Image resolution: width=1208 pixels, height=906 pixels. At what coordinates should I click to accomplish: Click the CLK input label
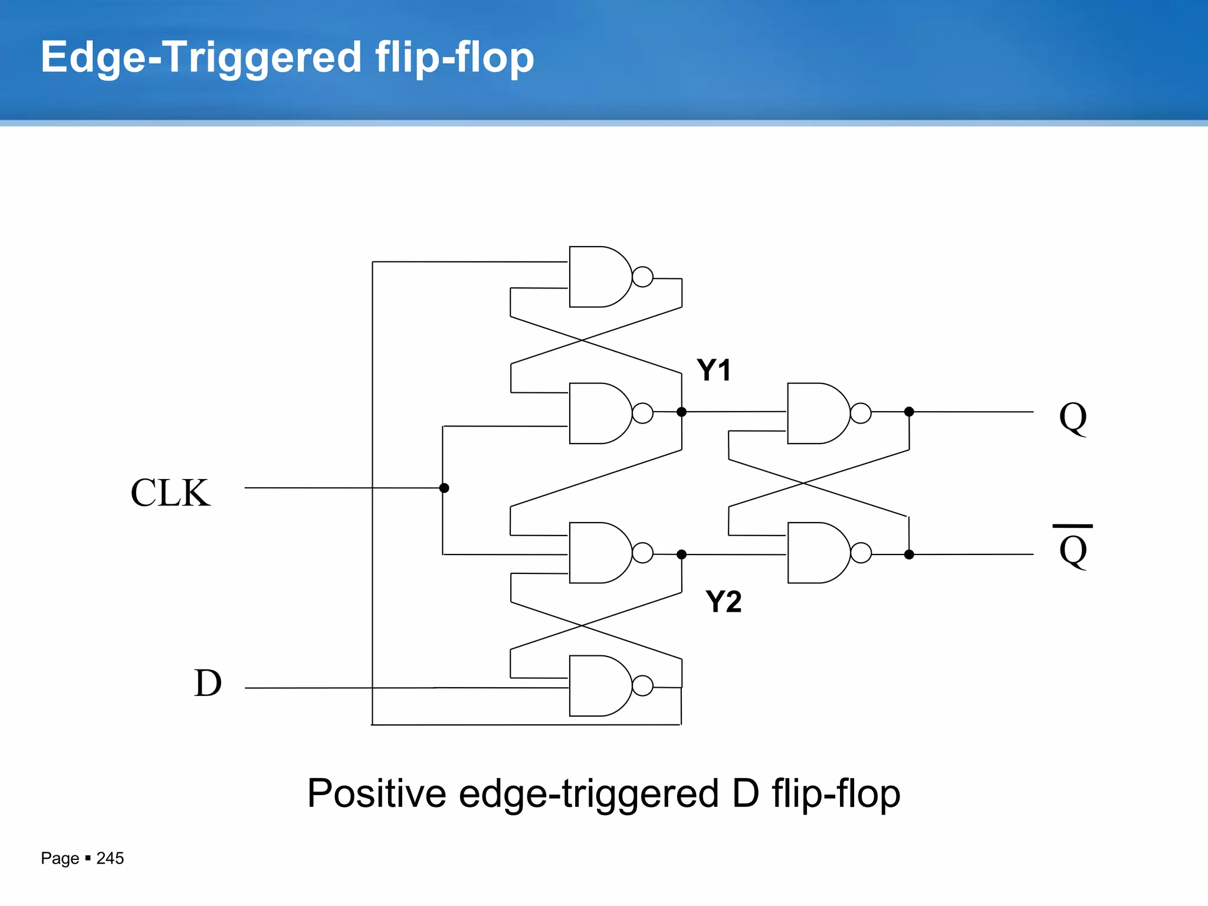[x=170, y=493]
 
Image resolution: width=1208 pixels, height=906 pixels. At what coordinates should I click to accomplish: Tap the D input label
[x=208, y=684]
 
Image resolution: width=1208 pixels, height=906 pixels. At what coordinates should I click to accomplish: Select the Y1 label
[x=714, y=370]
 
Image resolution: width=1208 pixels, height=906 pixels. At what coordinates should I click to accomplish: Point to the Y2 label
[x=723, y=602]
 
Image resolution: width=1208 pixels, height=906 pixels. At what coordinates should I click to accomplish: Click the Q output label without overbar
[x=1072, y=418]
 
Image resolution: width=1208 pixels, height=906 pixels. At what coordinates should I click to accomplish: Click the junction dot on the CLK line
[x=444, y=488]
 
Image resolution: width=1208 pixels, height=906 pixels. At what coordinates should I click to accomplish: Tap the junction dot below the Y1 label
[x=681, y=412]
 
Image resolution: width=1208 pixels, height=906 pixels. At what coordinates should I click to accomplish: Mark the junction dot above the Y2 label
[x=681, y=554]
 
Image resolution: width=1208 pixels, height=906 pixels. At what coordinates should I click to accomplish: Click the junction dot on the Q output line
[x=909, y=412]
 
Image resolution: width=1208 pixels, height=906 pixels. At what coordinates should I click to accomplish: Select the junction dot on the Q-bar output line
[x=909, y=554]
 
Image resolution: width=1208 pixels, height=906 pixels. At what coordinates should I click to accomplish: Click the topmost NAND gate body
[x=599, y=277]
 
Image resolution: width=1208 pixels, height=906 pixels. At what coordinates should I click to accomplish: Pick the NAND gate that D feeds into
[x=599, y=686]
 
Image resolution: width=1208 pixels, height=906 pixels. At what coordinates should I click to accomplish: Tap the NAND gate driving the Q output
[x=817, y=413]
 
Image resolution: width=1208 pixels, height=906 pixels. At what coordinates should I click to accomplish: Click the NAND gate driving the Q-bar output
[x=817, y=553]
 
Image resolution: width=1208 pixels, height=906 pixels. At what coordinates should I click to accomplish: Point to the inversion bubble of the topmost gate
[x=642, y=277]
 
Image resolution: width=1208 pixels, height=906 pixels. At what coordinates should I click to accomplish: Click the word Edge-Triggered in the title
[x=201, y=57]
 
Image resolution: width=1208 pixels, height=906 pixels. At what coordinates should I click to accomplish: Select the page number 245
[x=110, y=858]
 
